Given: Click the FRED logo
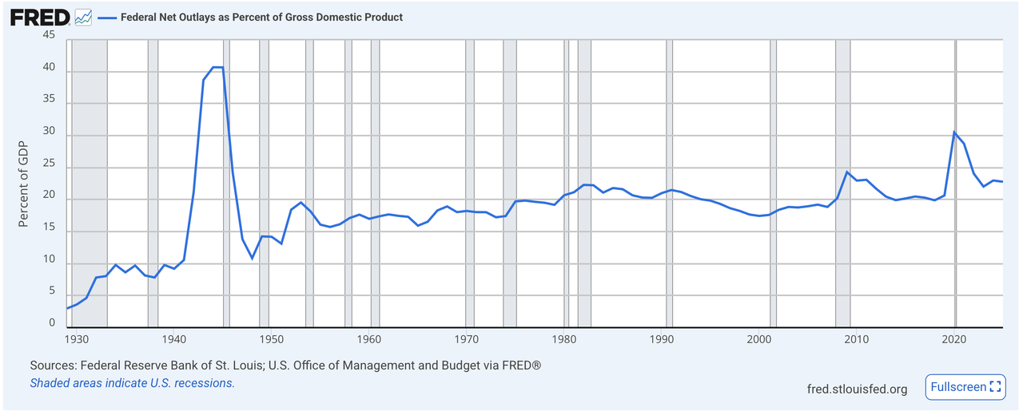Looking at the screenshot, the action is [x=40, y=18].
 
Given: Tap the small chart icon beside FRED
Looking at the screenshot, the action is [x=83, y=18].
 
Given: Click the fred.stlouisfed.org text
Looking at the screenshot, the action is [x=857, y=389].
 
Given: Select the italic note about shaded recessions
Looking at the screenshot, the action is [x=133, y=383].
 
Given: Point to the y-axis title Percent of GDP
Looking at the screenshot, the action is [x=23, y=184].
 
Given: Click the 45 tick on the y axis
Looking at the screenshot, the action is [x=49, y=34].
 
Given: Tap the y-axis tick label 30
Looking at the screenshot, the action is [x=49, y=131].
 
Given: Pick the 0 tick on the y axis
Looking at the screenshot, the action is [x=52, y=323].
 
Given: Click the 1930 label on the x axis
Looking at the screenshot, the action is [x=77, y=339].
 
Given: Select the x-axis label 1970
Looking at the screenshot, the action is [x=466, y=339].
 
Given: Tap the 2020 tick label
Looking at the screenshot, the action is [x=954, y=339].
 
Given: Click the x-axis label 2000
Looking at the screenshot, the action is [x=759, y=339].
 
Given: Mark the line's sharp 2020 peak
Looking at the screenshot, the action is [x=954, y=132].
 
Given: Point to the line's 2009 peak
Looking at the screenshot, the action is [x=847, y=172].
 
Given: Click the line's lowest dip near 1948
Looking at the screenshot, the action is [x=252, y=259].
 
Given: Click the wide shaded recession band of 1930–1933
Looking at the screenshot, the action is [x=90, y=183].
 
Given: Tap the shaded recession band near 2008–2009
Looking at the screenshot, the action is [x=843, y=183].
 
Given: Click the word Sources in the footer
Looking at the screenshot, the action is [x=53, y=366].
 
